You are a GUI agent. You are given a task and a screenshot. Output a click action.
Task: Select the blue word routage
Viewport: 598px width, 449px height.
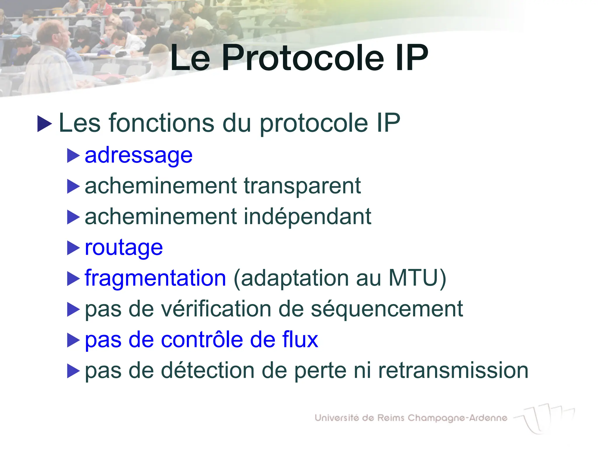coord(124,248)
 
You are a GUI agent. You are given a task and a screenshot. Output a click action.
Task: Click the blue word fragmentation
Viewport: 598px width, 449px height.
coord(155,278)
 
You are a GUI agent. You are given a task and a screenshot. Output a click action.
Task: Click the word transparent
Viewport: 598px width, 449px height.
coord(302,186)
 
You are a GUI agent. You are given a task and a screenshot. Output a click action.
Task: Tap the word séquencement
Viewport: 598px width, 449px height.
coord(387,309)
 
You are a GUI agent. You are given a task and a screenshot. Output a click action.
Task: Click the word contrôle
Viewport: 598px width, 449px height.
coord(202,340)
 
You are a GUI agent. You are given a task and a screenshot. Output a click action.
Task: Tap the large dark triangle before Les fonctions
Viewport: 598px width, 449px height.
coord(45,124)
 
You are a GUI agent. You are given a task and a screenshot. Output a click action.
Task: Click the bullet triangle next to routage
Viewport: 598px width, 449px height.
coord(73,248)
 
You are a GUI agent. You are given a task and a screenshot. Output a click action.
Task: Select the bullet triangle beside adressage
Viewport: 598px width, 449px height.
coord(73,156)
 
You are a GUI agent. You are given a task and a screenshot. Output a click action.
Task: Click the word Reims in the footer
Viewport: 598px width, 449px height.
coord(391,418)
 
